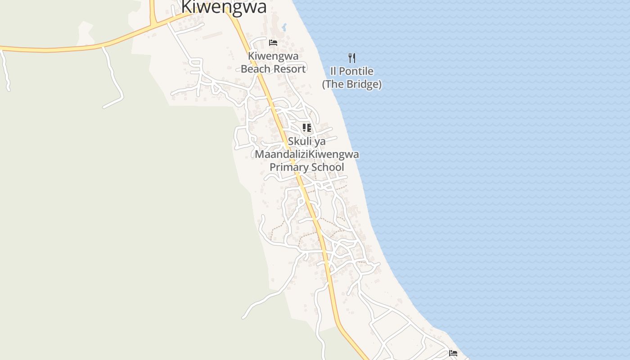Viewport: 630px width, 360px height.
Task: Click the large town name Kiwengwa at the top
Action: click(x=224, y=7)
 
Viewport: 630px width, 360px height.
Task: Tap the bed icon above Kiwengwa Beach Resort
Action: click(x=273, y=43)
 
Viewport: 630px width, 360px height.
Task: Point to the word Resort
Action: click(x=290, y=69)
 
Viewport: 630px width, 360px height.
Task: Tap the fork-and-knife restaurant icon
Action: click(x=352, y=58)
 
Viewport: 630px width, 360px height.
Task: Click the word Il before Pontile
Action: click(x=333, y=71)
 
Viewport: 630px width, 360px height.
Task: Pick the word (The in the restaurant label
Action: click(x=335, y=84)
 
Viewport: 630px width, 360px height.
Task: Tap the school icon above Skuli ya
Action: click(x=307, y=128)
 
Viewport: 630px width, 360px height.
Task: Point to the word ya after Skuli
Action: click(x=320, y=141)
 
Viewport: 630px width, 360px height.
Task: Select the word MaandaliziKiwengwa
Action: click(x=307, y=154)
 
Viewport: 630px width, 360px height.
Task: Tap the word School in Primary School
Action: click(x=328, y=167)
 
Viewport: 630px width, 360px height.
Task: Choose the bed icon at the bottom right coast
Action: click(x=453, y=353)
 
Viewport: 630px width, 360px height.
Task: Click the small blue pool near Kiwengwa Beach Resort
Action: click(x=284, y=28)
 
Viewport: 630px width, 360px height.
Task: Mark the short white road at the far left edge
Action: click(x=5, y=70)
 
